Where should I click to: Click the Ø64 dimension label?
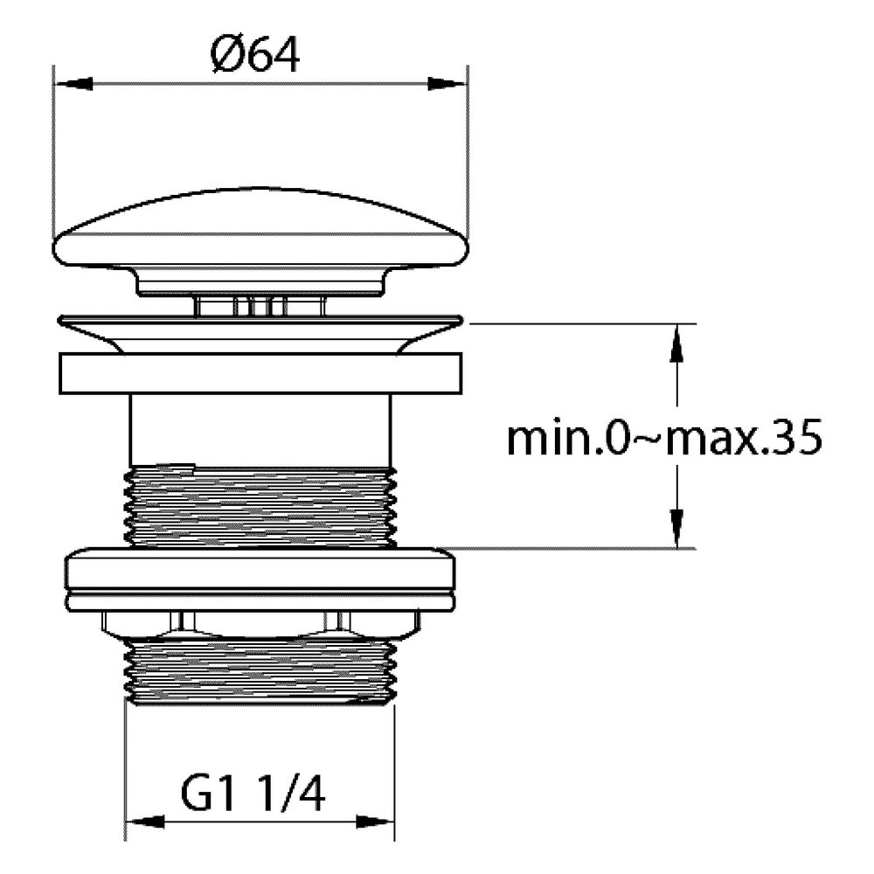pos(254,55)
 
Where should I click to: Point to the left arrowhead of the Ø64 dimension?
pos(73,85)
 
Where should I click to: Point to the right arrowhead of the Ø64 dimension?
pos(447,85)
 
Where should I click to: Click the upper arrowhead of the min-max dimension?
pos(676,343)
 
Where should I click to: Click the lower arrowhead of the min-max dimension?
pos(676,529)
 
